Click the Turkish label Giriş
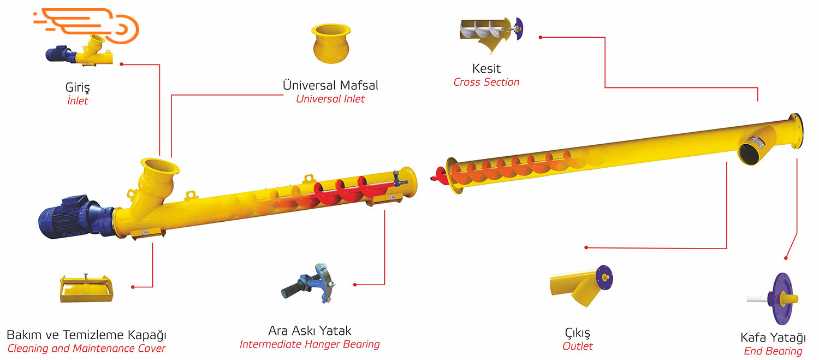point(77,87)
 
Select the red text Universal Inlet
point(330,99)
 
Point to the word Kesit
point(486,69)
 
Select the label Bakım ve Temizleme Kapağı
point(86,334)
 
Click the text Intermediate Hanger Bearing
point(310,344)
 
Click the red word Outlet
point(578,346)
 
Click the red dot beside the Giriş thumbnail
point(122,64)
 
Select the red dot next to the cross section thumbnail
point(540,37)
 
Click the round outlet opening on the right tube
point(749,152)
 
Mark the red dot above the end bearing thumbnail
point(786,258)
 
